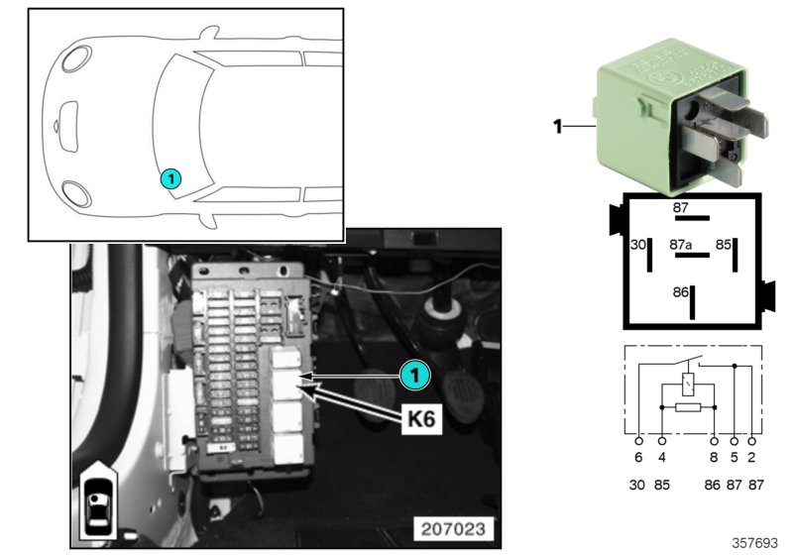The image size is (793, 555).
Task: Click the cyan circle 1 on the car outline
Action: [170, 179]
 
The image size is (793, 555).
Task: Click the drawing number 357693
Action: [755, 543]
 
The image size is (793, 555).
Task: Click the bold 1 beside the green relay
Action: [557, 126]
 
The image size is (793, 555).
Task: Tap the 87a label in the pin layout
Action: [680, 243]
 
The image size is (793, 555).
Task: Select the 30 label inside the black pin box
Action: [638, 243]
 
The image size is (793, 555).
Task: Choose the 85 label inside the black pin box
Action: [724, 243]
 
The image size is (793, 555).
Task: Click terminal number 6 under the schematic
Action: [639, 458]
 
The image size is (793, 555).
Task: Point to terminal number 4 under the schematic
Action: [661, 458]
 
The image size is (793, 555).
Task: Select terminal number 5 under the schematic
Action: [735, 458]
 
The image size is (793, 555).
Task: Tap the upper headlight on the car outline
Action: [75, 57]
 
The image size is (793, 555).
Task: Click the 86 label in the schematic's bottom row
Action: [713, 486]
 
